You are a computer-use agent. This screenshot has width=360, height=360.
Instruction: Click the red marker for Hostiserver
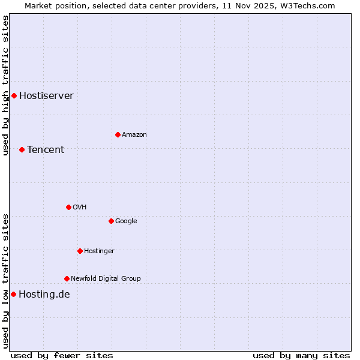coord(14,95)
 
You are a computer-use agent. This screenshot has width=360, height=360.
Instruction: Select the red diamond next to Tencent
coord(22,149)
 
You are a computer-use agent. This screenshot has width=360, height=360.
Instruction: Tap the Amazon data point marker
coord(118,134)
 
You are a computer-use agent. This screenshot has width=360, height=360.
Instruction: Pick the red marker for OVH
coord(68,207)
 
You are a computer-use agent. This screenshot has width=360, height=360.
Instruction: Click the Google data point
coord(111,221)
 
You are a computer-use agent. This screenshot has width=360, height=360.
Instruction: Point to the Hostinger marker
coord(80,251)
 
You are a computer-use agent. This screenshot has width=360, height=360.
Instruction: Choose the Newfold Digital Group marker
coord(67,278)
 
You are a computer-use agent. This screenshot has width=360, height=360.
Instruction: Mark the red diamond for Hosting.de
coord(13,294)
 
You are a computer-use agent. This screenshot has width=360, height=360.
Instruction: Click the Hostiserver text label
coord(46,96)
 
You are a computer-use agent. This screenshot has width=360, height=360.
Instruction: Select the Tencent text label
coord(46,150)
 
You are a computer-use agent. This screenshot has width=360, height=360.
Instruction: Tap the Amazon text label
coord(134,135)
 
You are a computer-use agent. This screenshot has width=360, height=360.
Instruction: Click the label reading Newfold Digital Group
coord(106,279)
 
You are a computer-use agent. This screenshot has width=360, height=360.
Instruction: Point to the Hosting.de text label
coord(44,295)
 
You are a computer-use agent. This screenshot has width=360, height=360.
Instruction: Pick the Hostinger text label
coord(99,251)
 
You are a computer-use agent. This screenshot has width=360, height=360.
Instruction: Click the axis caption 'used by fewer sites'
coord(62,355)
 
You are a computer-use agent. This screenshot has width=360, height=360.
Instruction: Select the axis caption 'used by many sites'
coord(301,355)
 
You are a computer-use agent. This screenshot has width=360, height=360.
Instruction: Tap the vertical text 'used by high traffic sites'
coord(5,85)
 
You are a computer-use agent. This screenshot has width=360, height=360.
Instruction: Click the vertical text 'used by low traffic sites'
coord(5,280)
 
